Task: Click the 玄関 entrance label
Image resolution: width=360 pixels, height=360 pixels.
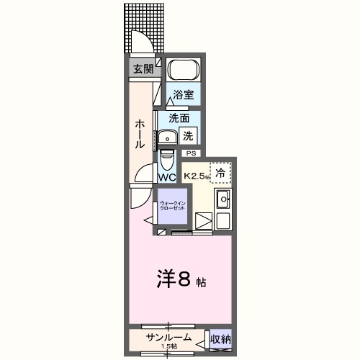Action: tap(142, 69)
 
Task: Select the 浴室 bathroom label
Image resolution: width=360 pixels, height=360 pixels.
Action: tap(183, 95)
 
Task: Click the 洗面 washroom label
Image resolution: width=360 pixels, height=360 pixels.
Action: tap(179, 118)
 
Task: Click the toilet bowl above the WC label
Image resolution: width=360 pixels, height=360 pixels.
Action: tap(166, 156)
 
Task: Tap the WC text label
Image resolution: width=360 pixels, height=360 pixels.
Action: tap(167, 177)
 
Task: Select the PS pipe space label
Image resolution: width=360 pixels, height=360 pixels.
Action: tap(192, 153)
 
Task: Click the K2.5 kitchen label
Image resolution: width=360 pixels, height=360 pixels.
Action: tap(196, 176)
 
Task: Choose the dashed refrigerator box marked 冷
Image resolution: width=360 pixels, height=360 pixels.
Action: tap(221, 173)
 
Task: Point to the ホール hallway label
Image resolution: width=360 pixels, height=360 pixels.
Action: tap(140, 134)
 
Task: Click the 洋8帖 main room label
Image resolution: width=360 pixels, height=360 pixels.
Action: tap(181, 279)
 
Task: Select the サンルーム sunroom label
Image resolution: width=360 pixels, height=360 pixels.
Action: tap(169, 337)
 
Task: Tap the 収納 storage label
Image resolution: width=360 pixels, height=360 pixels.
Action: tap(220, 338)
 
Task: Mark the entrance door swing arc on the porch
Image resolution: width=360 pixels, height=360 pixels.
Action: tap(142, 43)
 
